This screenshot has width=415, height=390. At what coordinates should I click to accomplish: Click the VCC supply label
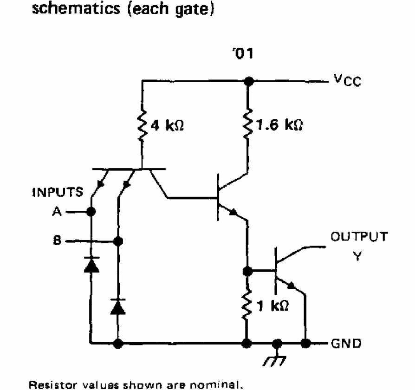tap(346, 82)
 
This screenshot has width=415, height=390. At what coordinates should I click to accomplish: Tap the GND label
tap(346, 344)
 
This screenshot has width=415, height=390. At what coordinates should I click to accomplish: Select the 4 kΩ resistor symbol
tap(143, 125)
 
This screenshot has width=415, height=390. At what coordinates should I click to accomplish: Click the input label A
tap(57, 212)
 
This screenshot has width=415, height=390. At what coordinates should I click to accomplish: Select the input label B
tap(57, 241)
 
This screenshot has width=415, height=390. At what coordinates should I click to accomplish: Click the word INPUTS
tap(58, 192)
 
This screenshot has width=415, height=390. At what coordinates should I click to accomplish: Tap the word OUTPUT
tap(358, 237)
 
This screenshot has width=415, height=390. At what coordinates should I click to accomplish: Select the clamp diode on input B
tap(118, 305)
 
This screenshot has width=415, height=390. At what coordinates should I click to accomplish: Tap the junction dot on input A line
tap(91, 212)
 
